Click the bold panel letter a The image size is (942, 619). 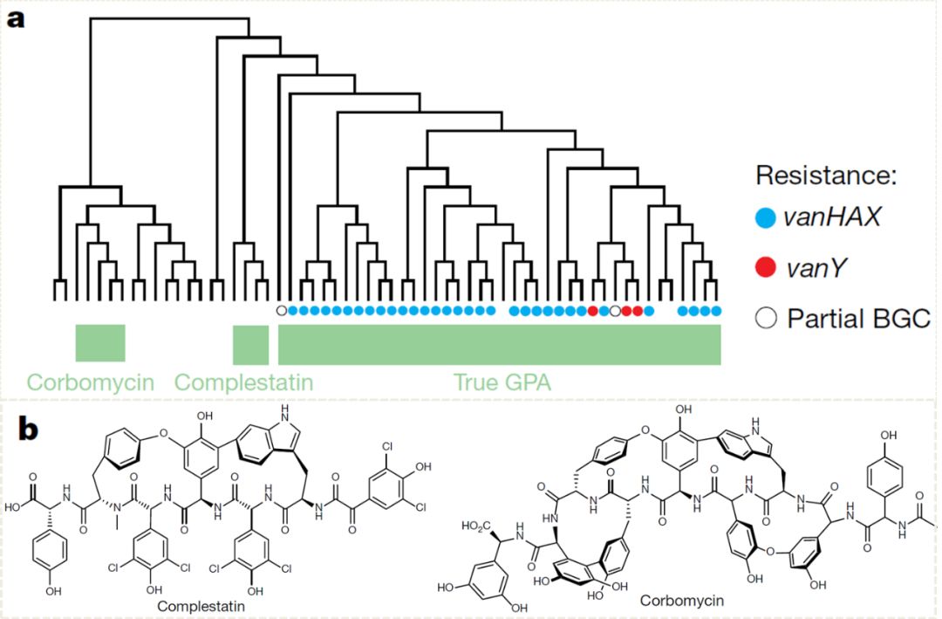click(x=16, y=18)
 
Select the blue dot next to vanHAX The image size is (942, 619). click(x=767, y=218)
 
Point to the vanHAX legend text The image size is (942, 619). click(x=832, y=218)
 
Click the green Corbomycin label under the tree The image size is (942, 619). click(x=90, y=382)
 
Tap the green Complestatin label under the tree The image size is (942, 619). click(x=243, y=382)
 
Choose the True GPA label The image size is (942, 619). click(x=500, y=382)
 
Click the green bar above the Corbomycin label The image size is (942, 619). click(x=100, y=342)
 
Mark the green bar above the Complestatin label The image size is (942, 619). click(x=250, y=344)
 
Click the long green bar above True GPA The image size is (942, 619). click(x=499, y=344)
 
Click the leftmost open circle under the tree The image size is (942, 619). click(x=281, y=310)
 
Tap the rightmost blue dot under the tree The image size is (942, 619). click(x=717, y=311)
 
